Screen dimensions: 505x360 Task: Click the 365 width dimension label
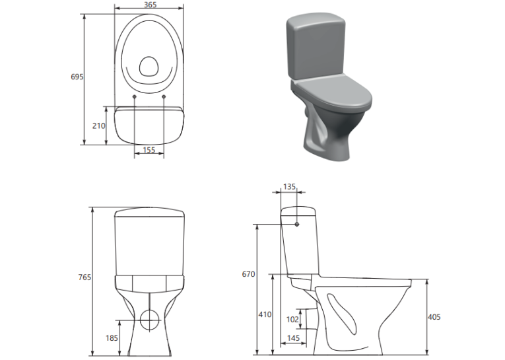[150, 5]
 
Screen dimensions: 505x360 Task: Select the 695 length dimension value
[77, 77]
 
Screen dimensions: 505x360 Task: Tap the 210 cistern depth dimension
[98, 126]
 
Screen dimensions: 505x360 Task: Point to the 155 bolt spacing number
[149, 150]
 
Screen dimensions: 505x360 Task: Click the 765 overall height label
[84, 277]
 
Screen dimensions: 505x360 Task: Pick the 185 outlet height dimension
[112, 338]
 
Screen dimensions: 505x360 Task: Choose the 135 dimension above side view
[289, 187]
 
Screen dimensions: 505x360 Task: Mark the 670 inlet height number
[248, 274]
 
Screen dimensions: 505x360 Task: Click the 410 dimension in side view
[265, 314]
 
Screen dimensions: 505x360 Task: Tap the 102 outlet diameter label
[292, 319]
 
